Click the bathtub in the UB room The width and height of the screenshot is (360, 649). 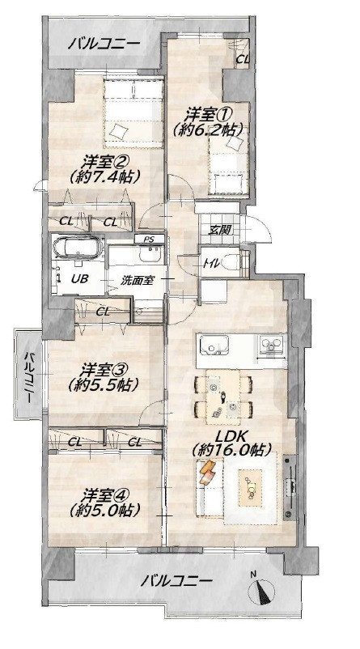tap(78, 248)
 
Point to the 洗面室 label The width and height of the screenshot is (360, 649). tap(138, 280)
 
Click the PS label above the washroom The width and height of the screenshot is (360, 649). tap(149, 239)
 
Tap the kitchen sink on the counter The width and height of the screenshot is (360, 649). tap(214, 346)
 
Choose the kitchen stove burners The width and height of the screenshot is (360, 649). tap(271, 345)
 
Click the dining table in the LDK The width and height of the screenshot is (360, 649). tap(223, 397)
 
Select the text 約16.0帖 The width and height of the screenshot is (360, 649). tap(231, 449)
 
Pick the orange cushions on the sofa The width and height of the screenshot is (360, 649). tap(207, 472)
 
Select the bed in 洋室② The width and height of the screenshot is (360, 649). tap(133, 113)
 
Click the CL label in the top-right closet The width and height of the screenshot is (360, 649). tap(243, 59)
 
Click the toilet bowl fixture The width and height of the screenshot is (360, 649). tap(230, 261)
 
